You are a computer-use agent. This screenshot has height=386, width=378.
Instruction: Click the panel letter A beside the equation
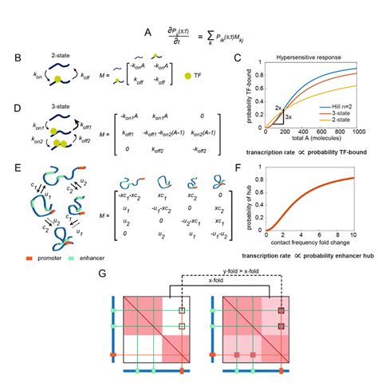pyautogui.click(x=146, y=33)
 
